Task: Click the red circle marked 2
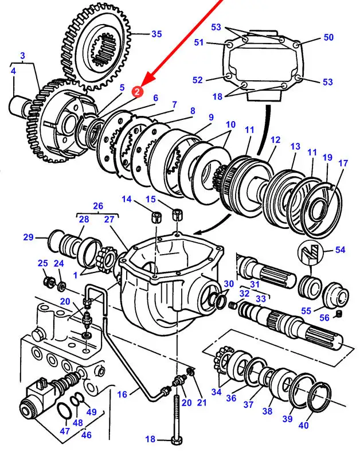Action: pos(137,91)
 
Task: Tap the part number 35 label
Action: pos(156,34)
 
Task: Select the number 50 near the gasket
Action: pos(328,37)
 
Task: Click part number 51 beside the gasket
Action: pos(199,42)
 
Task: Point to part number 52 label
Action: pos(198,80)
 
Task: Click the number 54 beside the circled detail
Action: pos(340,250)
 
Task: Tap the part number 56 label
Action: pos(324,318)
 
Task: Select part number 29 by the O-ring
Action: pos(28,237)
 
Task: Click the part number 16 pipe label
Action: pos(122,395)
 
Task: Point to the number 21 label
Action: pos(202,403)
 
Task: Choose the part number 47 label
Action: pos(65,431)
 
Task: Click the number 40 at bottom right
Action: pos(304,426)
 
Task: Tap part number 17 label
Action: pos(343,163)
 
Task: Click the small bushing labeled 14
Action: pos(156,217)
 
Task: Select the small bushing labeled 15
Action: pos(177,215)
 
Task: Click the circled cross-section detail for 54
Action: pos(310,252)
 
